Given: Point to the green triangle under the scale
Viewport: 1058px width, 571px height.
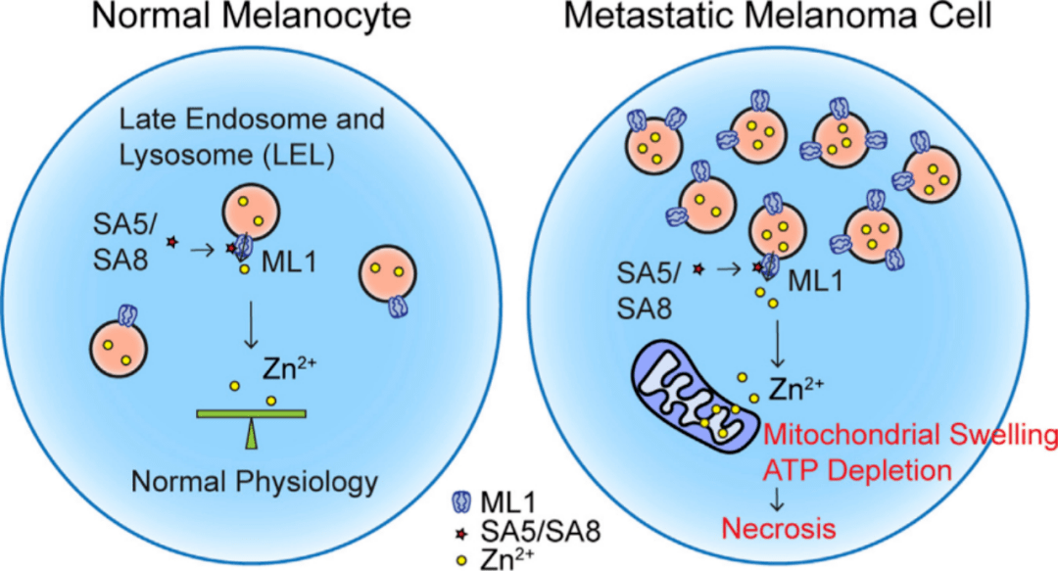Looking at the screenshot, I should pyautogui.click(x=252, y=436).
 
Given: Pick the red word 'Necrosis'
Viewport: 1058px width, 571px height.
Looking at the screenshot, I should pyautogui.click(x=779, y=530).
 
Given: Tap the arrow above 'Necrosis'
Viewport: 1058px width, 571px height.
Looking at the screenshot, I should pyautogui.click(x=777, y=500).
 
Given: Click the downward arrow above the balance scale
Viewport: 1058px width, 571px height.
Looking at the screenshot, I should pyautogui.click(x=253, y=328).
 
